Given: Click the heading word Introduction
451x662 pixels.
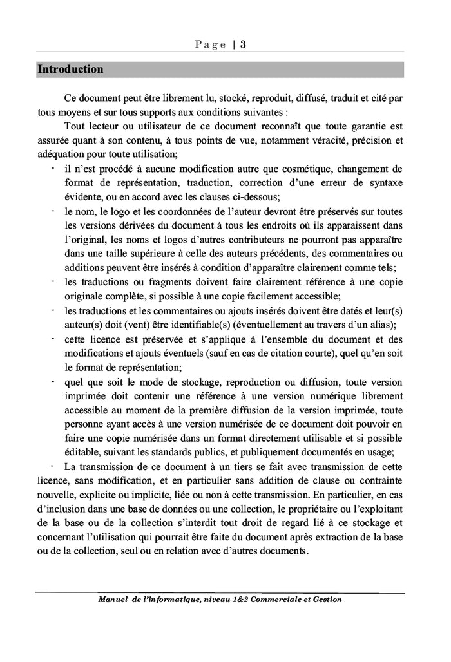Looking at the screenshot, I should point(70,69).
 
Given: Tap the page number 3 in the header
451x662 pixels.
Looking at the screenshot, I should point(244,44).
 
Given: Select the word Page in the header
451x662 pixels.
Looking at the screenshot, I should point(209,44).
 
